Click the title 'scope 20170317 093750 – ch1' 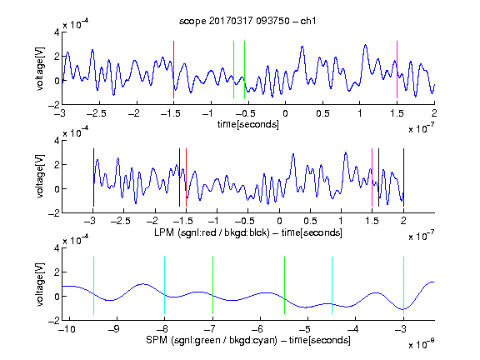[x=247, y=21]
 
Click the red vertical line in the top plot [x=173, y=69]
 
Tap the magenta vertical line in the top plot [x=397, y=69]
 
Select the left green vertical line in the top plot [x=233, y=69]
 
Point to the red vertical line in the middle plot [x=186, y=177]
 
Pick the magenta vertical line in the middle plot [x=372, y=177]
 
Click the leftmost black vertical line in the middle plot [x=93, y=177]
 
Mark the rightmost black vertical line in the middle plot [x=403, y=177]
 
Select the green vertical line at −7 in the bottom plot [x=212, y=285]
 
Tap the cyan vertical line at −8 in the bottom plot [x=165, y=285]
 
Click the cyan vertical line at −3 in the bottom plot [x=403, y=285]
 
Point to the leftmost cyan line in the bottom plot [x=93, y=285]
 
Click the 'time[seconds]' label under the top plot [x=248, y=124]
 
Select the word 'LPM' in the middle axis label [x=164, y=232]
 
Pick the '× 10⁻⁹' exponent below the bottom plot [x=421, y=343]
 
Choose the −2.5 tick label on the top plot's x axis [x=96, y=113]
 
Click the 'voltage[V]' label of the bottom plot [x=40, y=284]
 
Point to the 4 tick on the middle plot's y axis [x=57, y=141]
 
